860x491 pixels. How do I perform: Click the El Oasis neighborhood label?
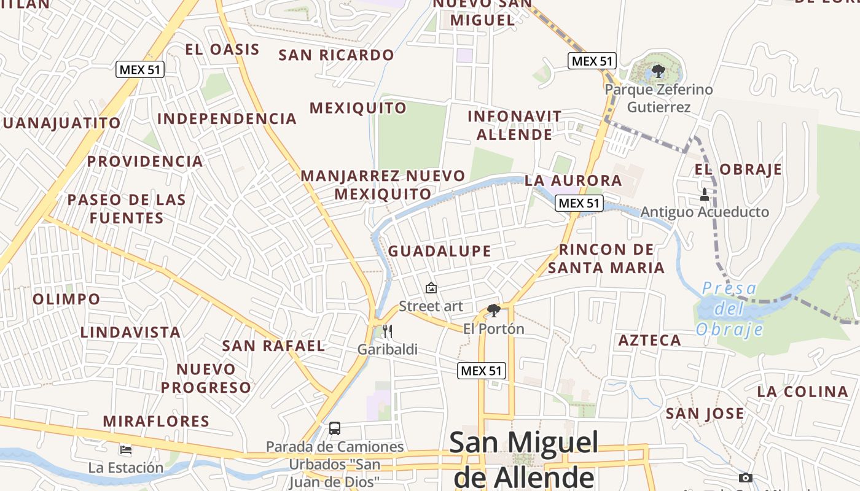(222, 50)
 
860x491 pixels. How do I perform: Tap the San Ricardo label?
(336, 55)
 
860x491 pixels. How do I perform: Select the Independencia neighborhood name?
(227, 118)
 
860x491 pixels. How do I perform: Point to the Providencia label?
(145, 161)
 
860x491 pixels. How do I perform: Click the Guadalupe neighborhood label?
(440, 251)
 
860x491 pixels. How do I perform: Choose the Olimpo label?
(66, 300)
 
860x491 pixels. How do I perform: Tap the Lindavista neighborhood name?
(131, 333)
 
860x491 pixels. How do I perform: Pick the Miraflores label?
(156, 422)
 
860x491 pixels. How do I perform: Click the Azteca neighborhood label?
(650, 341)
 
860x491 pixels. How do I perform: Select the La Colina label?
(802, 392)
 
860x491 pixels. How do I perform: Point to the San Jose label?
(705, 414)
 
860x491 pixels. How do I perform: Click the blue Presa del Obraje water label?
(730, 309)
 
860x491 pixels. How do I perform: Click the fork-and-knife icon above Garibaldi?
(387, 331)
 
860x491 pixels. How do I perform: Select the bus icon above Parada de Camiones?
(335, 428)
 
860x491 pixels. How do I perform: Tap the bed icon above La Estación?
(126, 450)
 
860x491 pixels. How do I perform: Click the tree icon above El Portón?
(493, 311)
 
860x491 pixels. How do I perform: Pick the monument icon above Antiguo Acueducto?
(705, 195)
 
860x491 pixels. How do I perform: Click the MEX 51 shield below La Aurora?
(579, 203)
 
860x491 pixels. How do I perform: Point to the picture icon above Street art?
(431, 287)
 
